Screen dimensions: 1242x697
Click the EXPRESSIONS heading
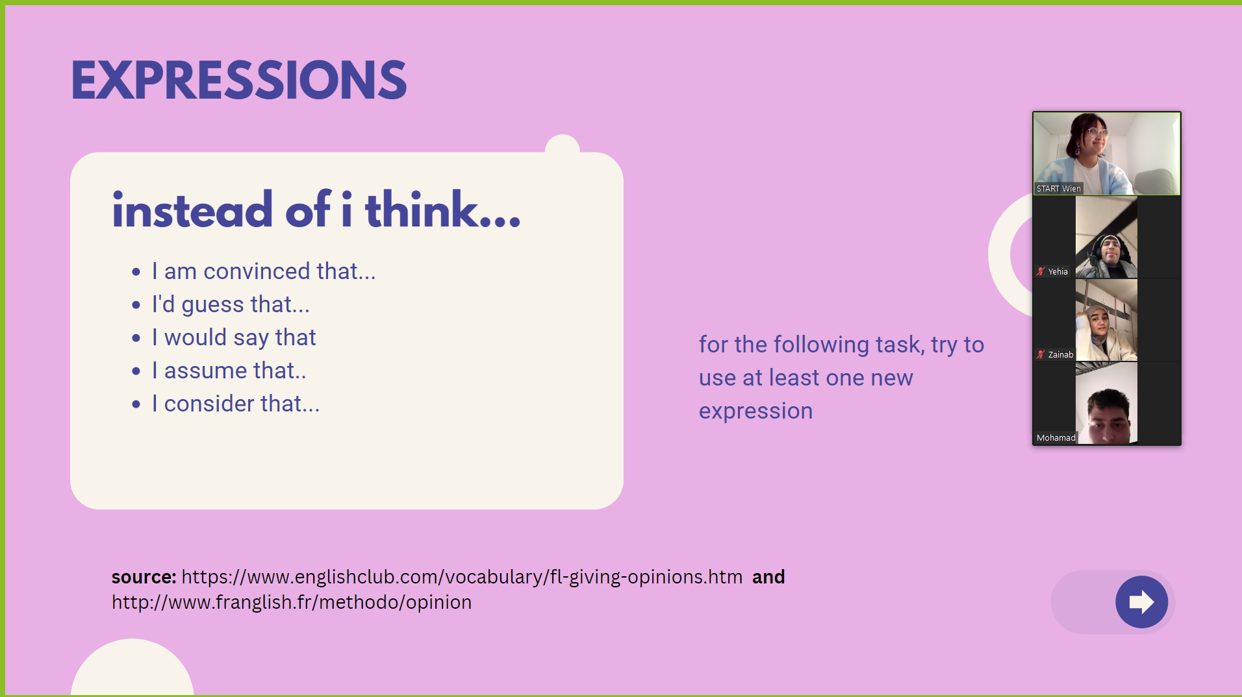238,80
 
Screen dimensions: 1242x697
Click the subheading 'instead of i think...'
316,210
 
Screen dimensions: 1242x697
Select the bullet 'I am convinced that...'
264,271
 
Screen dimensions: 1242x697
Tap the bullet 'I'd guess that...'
231,304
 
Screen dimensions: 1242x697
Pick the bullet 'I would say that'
234,337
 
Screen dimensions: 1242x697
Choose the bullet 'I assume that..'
229,371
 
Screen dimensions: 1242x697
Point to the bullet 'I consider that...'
235,404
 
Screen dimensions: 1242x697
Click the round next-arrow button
1141,602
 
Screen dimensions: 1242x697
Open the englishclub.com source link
462,577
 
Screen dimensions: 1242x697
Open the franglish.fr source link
292,602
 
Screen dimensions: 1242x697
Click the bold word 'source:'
144,577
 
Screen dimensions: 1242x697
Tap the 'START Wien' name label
1059,189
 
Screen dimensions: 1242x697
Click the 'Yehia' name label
1058,272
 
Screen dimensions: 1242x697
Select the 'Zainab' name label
1061,355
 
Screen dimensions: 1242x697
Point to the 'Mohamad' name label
1056,438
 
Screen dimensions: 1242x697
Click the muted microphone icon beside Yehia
1041,272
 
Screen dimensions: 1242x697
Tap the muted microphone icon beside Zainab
1041,355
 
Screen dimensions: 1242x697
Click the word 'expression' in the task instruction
755,411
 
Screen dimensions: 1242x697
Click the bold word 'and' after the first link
768,577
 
